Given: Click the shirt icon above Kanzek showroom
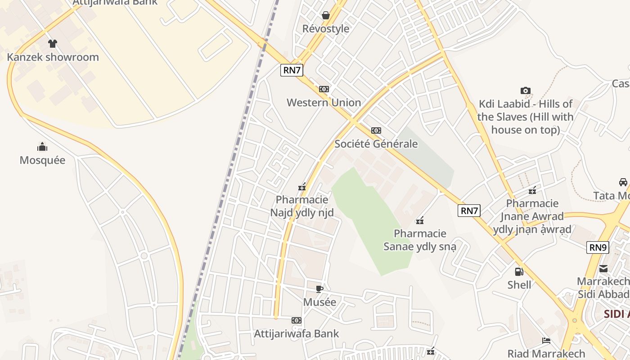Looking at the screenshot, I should click(x=53, y=44).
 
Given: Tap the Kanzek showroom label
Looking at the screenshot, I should click(x=53, y=57).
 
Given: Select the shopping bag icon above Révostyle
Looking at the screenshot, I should click(x=326, y=16).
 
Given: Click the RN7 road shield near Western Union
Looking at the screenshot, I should click(x=292, y=70).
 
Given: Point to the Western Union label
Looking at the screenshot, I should click(x=324, y=103).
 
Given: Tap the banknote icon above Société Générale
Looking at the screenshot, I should click(x=376, y=130).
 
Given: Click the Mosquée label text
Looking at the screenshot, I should click(x=42, y=160).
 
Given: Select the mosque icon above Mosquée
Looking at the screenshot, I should click(x=42, y=147).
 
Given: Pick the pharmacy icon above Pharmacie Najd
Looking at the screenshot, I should click(x=302, y=187).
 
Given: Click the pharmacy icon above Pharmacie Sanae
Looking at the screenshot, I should click(x=420, y=220).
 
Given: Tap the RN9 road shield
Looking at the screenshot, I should click(x=598, y=247).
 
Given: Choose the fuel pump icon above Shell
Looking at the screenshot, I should click(x=519, y=271).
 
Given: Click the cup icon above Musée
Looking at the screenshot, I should click(x=319, y=289).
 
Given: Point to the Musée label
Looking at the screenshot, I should click(x=319, y=302).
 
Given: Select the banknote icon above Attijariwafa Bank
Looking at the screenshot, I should click(x=296, y=320).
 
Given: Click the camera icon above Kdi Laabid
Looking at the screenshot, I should click(x=525, y=91).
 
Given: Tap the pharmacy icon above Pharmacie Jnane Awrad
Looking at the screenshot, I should click(x=532, y=190).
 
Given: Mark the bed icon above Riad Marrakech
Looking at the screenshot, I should click(x=546, y=341).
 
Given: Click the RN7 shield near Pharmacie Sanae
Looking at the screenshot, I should click(x=469, y=211).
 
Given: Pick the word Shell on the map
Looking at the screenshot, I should click(x=519, y=285).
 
